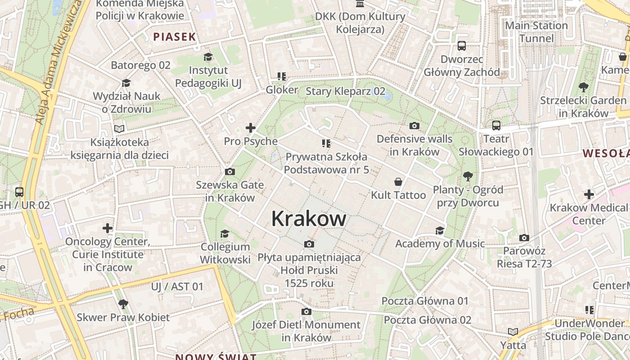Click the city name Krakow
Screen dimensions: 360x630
tap(309, 219)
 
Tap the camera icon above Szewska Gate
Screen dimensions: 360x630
tap(229, 171)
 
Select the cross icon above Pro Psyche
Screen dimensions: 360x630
tap(251, 128)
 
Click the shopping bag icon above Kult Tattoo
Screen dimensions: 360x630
tap(398, 182)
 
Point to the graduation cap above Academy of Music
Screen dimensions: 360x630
tap(440, 230)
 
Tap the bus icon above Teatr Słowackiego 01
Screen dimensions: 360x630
tap(496, 126)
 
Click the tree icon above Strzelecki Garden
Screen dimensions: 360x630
tap(583, 87)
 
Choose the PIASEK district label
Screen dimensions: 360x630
tap(175, 37)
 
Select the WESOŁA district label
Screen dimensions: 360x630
tap(606, 153)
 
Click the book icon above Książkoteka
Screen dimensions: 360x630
tap(119, 129)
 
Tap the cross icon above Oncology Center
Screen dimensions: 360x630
tap(108, 228)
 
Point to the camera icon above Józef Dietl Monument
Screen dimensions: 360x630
tap(306, 311)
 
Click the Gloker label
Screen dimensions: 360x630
tap(282, 90)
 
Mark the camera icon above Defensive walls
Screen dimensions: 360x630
tap(414, 126)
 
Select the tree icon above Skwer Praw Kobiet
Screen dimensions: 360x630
tap(123, 304)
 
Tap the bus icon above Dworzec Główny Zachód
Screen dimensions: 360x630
tap(462, 45)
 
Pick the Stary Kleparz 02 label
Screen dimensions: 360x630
tap(346, 91)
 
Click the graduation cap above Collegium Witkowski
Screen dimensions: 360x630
tap(225, 234)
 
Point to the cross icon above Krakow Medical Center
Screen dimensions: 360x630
tap(589, 194)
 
